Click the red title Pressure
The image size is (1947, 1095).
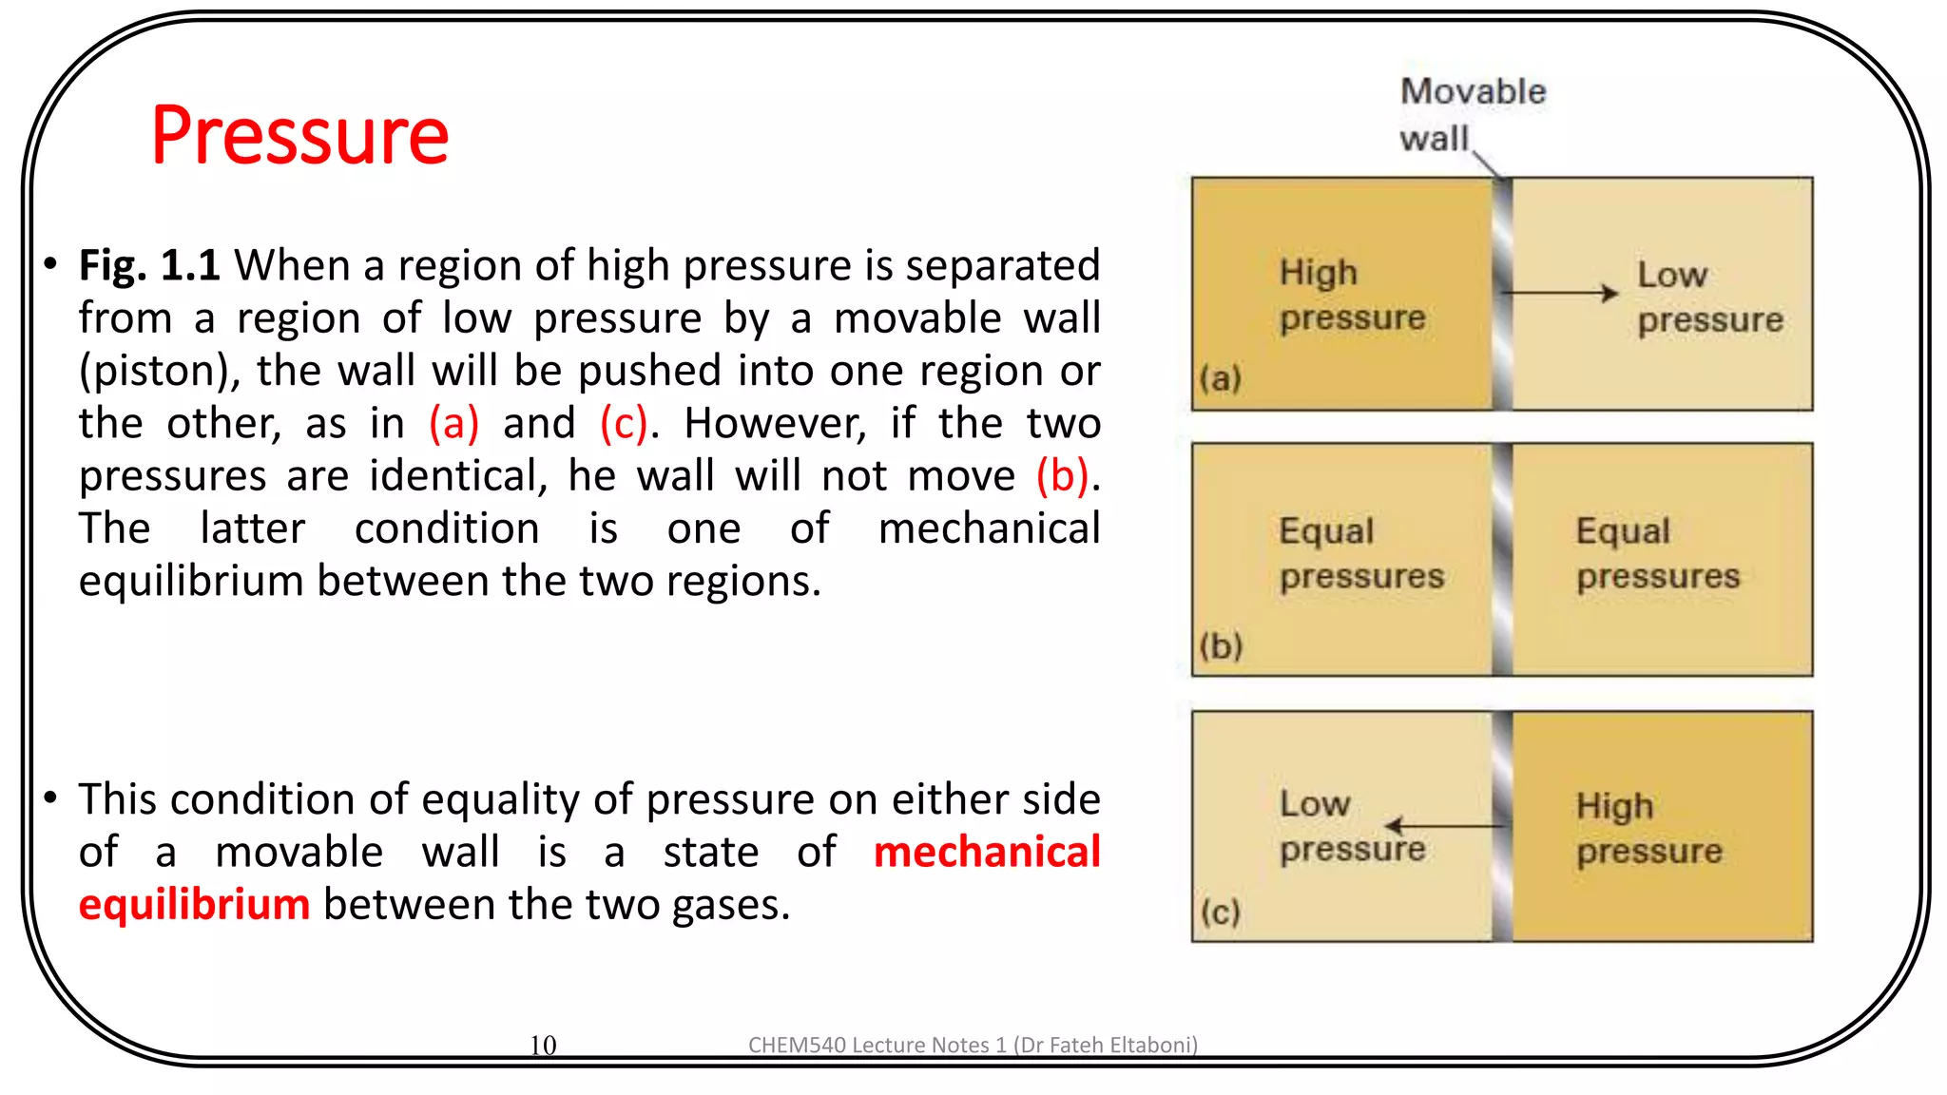299,136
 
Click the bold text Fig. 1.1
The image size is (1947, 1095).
148,265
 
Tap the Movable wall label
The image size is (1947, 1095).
1471,115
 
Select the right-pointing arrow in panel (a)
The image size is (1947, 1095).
1559,293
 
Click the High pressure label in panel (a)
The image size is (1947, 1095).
1351,295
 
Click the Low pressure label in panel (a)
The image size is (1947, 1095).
1708,297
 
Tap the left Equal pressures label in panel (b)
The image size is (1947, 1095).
1360,553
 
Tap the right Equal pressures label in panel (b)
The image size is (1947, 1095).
1657,553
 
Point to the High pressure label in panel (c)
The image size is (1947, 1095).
1648,828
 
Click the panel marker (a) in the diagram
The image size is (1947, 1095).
1220,378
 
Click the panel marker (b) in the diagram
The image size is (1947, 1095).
1221,646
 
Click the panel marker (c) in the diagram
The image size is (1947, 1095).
1220,912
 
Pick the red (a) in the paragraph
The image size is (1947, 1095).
453,424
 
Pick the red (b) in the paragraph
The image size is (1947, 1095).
1062,476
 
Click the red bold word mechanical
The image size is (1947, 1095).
986,852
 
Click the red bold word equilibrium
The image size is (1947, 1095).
194,904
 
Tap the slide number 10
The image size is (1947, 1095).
543,1045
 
